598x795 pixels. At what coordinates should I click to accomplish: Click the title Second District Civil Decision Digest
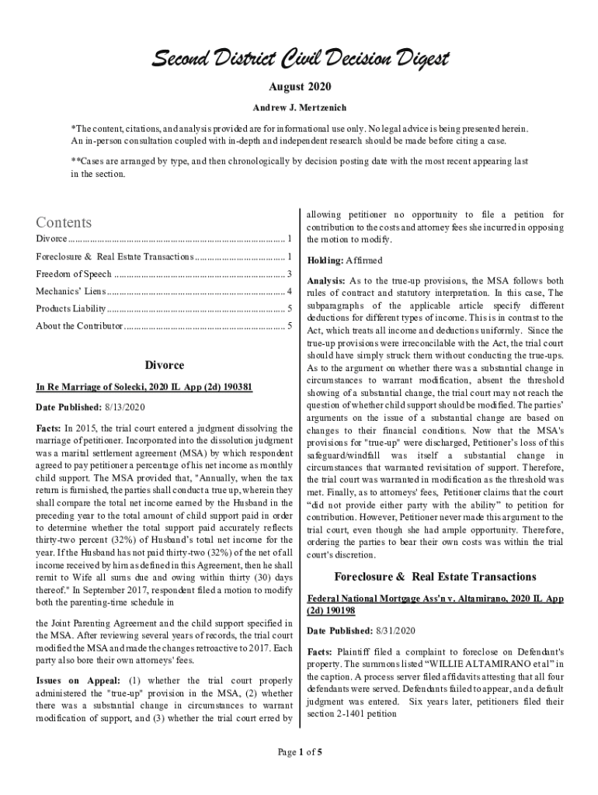coord(298,59)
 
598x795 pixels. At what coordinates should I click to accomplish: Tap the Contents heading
coord(64,222)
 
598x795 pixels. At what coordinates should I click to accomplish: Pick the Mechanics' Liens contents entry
coord(69,291)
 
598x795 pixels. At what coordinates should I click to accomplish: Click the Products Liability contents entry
coord(71,308)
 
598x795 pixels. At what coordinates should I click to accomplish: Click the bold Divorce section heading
coord(165,365)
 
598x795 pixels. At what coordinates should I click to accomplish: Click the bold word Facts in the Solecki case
coord(49,428)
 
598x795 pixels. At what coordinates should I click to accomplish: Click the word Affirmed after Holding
coord(365,260)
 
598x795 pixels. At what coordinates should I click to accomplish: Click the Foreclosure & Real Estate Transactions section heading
coord(435,577)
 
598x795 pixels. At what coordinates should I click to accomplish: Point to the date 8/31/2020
coord(395,630)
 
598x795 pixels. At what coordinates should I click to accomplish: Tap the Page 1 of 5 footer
coord(299,751)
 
